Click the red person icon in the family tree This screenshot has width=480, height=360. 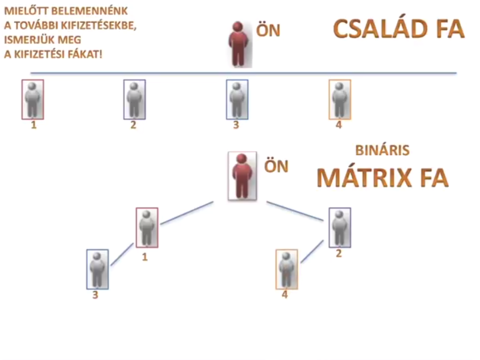(x=239, y=44)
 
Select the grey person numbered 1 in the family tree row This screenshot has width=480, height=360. (x=33, y=99)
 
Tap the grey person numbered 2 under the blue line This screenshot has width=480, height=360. (x=134, y=99)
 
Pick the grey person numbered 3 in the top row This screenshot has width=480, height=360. (x=237, y=99)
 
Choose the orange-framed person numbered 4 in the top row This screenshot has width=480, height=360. (x=340, y=99)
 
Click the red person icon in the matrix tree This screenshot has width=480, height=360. (x=242, y=176)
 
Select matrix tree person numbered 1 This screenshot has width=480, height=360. (x=147, y=227)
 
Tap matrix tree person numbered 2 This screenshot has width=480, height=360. (x=340, y=227)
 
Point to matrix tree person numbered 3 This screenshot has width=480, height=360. (x=98, y=269)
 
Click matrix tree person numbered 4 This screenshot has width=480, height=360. (x=286, y=269)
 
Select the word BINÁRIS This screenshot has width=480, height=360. (x=382, y=150)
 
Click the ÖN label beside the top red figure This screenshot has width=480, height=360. (x=268, y=31)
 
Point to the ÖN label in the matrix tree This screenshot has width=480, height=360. (x=276, y=166)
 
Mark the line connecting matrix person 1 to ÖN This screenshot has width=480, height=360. (x=187, y=213)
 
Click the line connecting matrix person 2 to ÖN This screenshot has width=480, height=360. (x=295, y=210)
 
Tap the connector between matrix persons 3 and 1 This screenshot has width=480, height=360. (x=122, y=255)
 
